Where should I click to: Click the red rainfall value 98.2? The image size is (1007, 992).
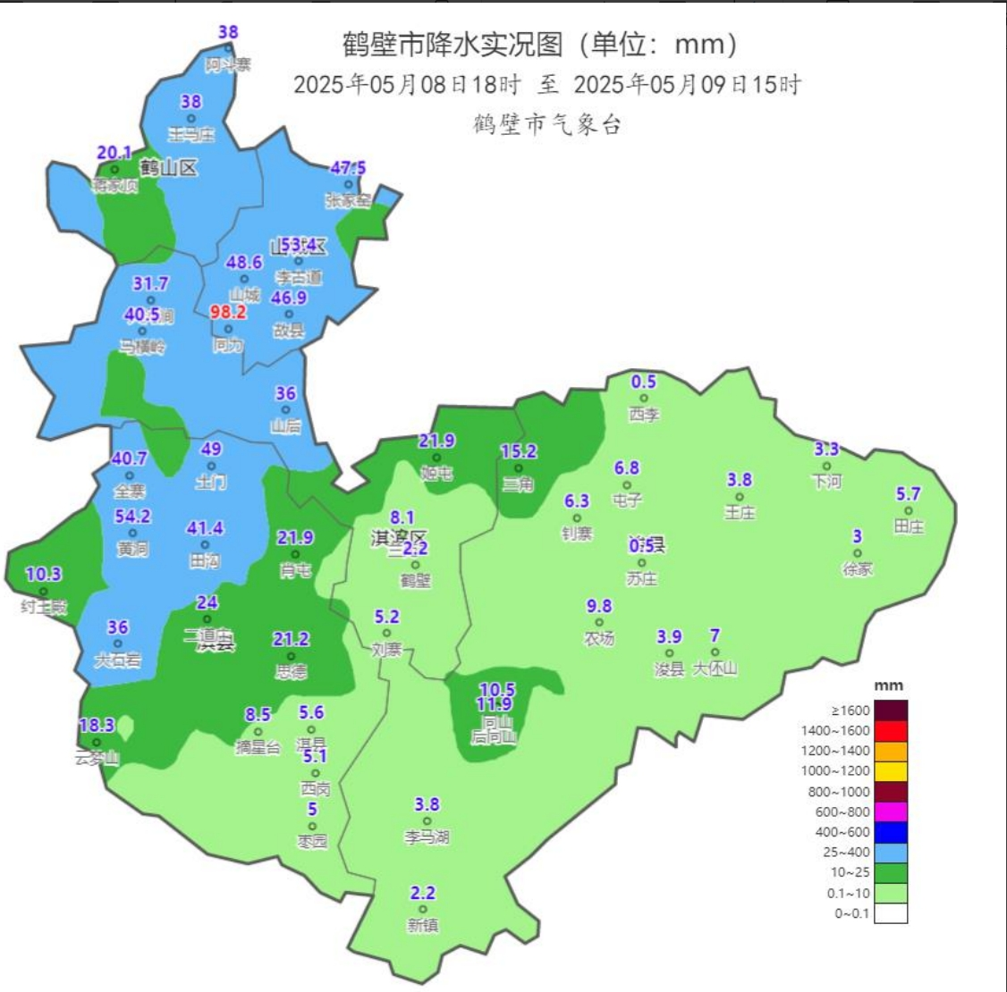click(x=227, y=312)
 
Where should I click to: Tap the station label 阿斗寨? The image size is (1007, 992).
click(x=228, y=65)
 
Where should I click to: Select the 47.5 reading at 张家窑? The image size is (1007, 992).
click(x=348, y=168)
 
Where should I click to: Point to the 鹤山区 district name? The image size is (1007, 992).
click(x=168, y=167)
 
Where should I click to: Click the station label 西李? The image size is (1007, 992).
click(x=643, y=415)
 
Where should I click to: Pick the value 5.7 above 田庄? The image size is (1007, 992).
click(x=908, y=493)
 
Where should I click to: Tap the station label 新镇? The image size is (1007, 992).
click(x=422, y=926)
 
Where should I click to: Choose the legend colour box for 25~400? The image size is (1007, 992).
click(x=891, y=853)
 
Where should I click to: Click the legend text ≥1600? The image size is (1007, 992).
click(x=850, y=710)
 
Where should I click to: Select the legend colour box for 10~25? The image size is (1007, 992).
click(x=891, y=872)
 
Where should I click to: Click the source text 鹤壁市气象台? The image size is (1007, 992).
click(x=546, y=124)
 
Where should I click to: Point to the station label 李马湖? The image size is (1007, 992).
click(x=427, y=837)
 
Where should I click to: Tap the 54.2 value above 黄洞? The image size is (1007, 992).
click(x=132, y=517)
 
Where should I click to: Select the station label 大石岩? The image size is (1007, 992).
click(x=117, y=660)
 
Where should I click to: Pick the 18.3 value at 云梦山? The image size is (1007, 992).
click(x=96, y=726)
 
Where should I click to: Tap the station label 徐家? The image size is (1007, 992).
click(x=857, y=568)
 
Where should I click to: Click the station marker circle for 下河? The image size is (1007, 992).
click(x=826, y=466)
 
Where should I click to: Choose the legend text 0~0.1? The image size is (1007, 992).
click(x=850, y=913)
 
